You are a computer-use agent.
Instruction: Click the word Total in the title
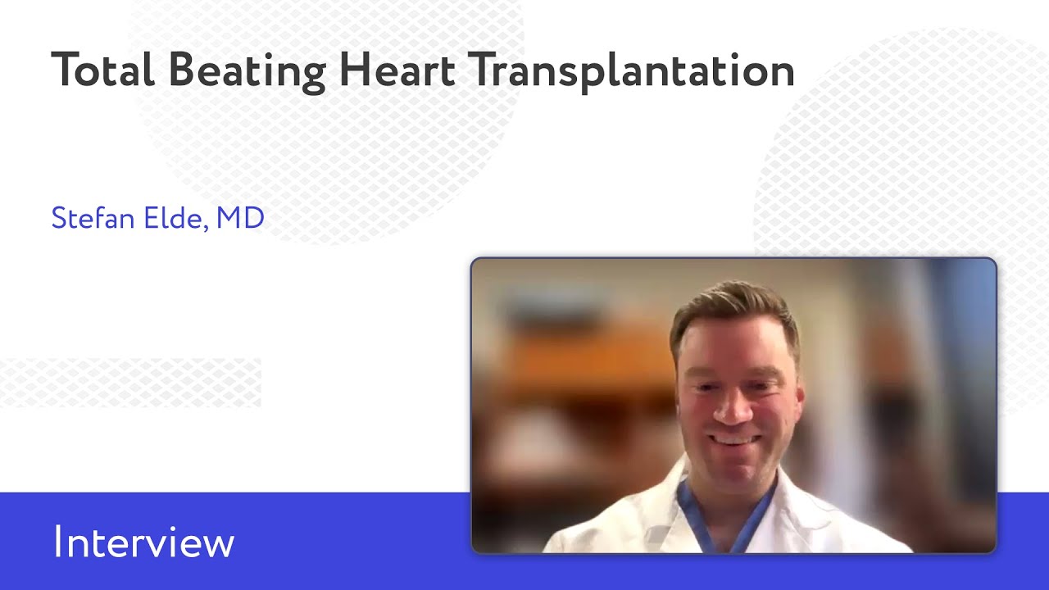pos(102,70)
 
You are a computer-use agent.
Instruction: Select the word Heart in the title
pos(397,70)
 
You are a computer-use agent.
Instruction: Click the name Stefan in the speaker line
pos(86,218)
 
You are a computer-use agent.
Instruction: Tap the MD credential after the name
pos(240,218)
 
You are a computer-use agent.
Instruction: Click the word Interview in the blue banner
pos(144,543)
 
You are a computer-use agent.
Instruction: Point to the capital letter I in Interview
pos(57,543)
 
